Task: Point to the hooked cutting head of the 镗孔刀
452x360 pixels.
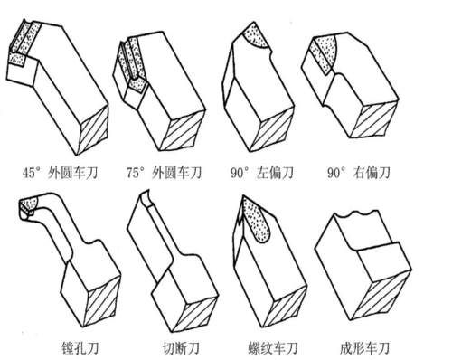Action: click(29, 210)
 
